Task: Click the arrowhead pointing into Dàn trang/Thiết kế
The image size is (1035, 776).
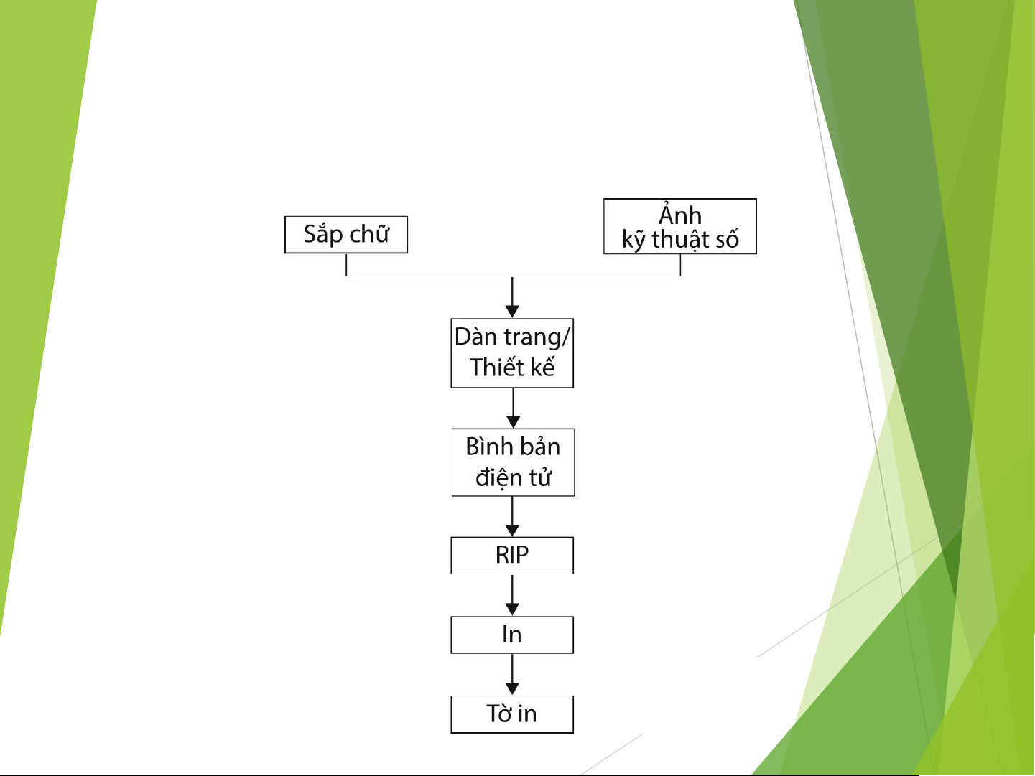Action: click(512, 311)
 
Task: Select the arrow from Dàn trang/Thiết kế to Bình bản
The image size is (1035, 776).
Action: click(513, 408)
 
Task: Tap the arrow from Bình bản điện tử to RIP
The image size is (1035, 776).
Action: click(512, 516)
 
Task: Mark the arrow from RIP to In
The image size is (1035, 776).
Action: click(512, 595)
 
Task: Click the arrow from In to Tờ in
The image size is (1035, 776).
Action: click(512, 674)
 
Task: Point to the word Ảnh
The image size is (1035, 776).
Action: click(680, 215)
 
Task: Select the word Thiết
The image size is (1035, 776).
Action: click(493, 366)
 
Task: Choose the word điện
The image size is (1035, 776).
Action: click(498, 477)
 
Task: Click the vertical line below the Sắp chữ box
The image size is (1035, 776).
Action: click(346, 265)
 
